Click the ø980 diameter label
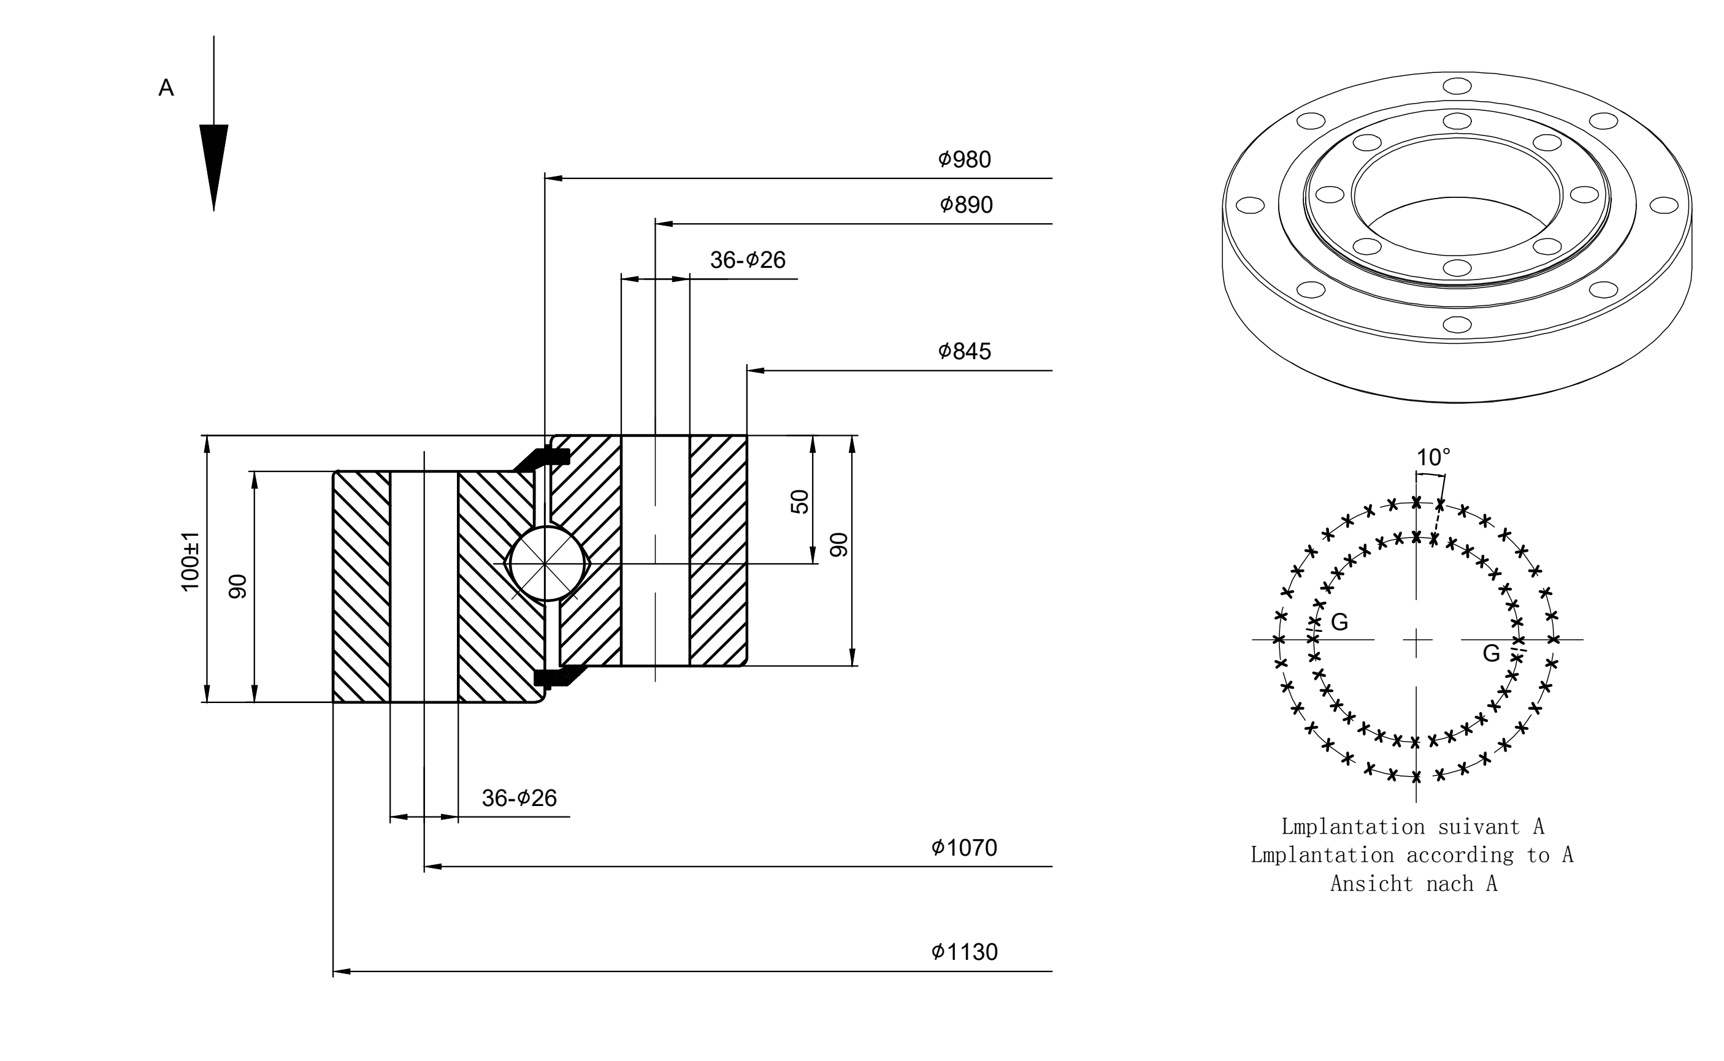(x=965, y=160)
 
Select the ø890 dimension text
(x=966, y=205)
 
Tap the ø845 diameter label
(x=965, y=351)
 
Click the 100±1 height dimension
(x=190, y=561)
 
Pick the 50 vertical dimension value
(x=800, y=502)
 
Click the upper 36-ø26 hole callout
(x=748, y=260)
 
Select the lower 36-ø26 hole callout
(x=519, y=798)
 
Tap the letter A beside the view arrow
(x=166, y=88)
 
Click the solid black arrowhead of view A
(x=213, y=167)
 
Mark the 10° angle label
(x=1433, y=457)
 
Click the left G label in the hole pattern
(x=1339, y=622)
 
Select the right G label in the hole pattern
(x=1491, y=653)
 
